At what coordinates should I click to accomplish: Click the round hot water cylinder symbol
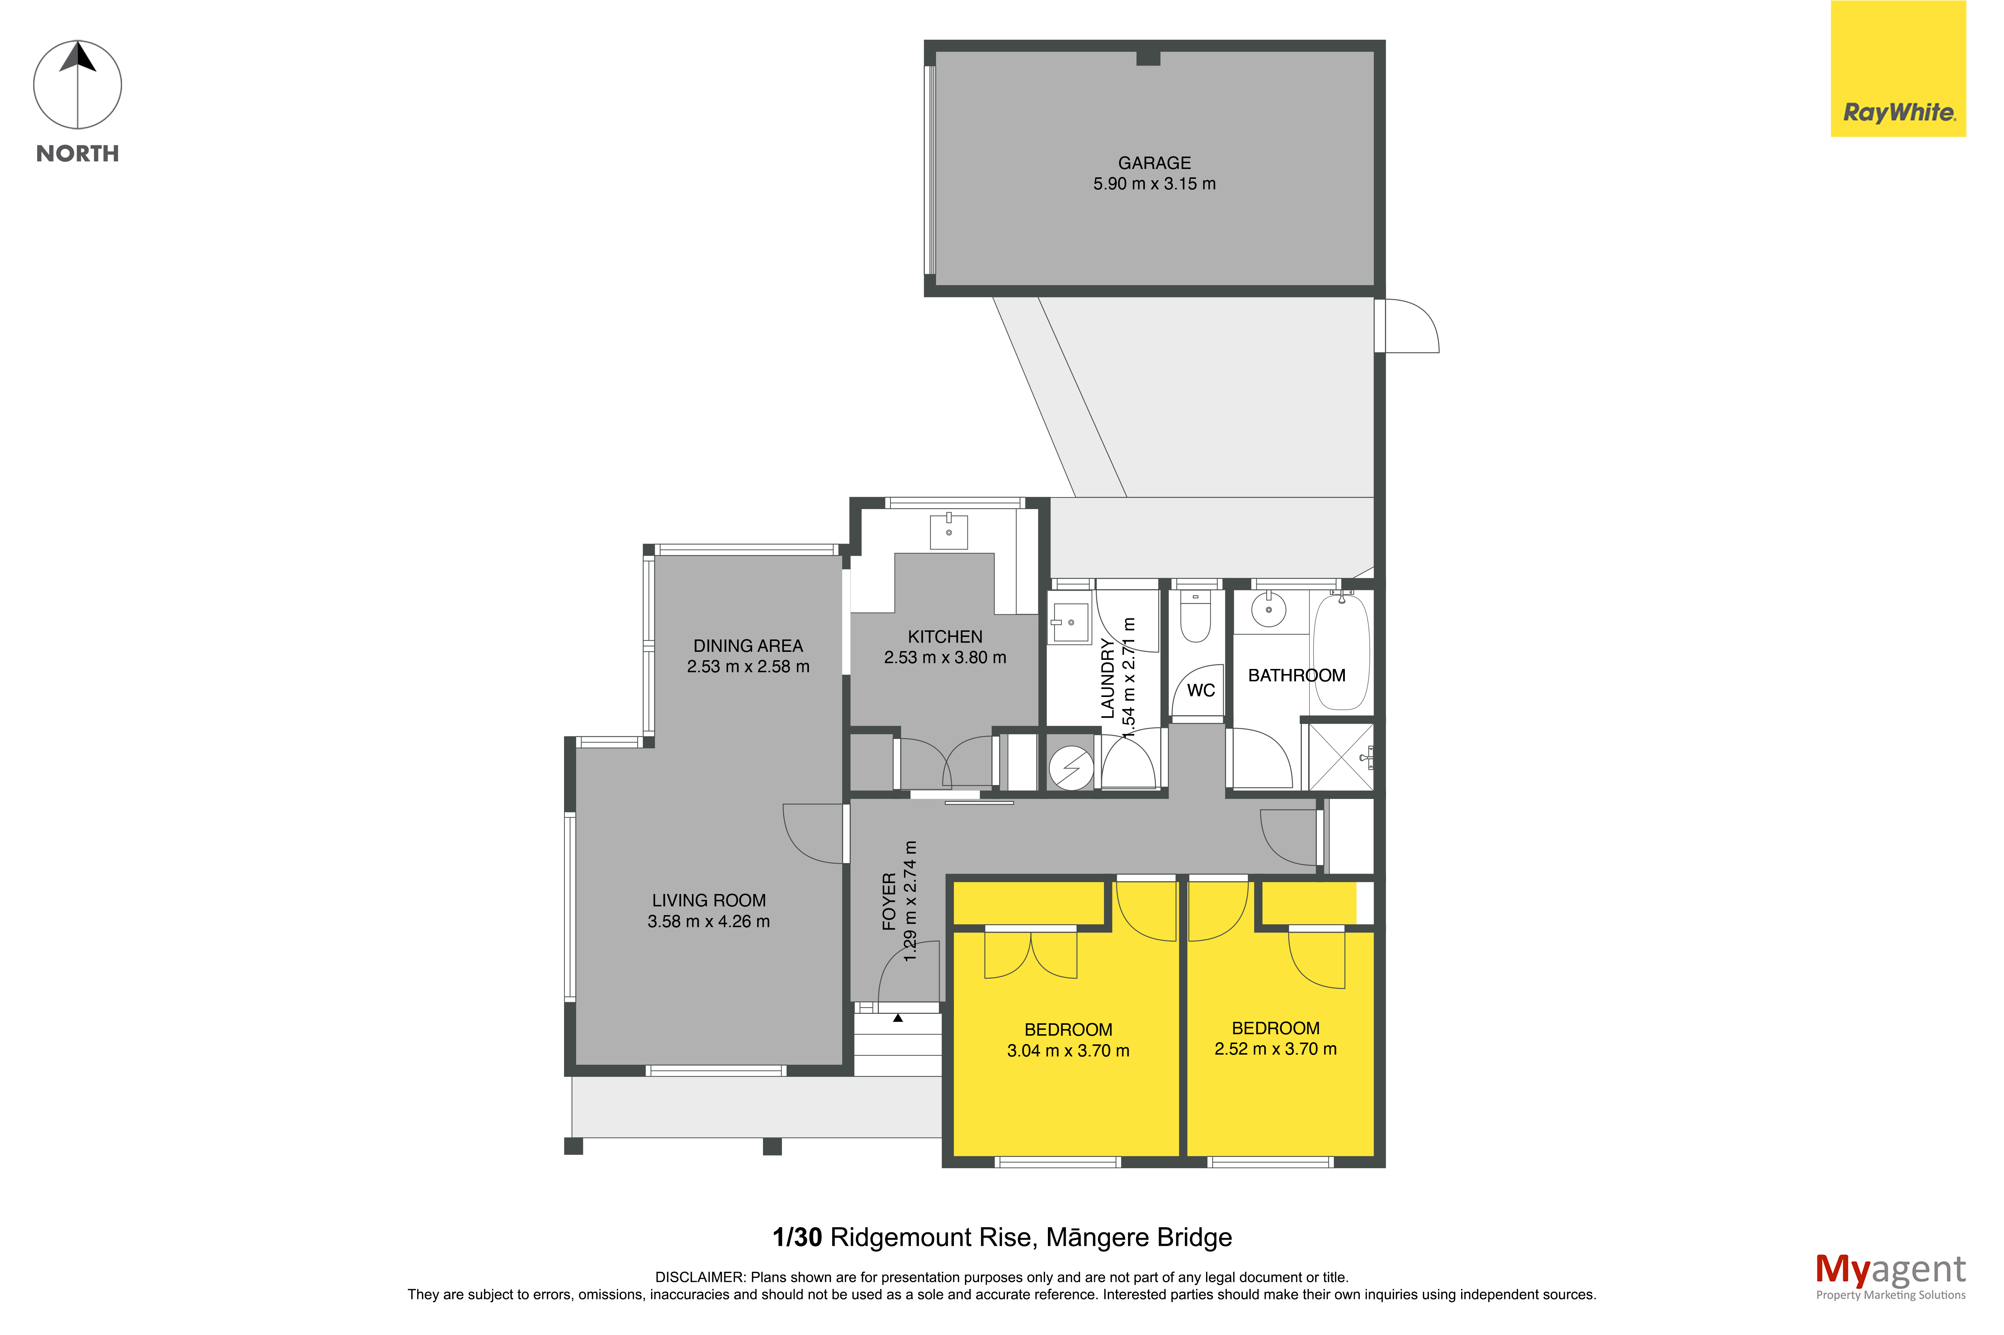coord(1071,768)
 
